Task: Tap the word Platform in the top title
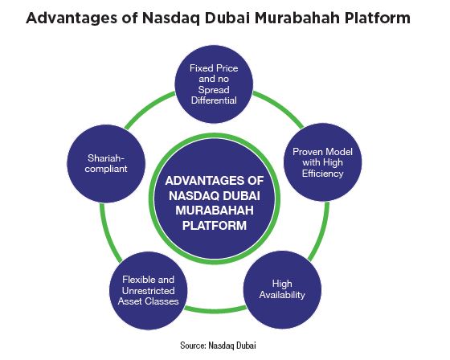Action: [x=378, y=18]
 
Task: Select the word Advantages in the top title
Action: [x=72, y=18]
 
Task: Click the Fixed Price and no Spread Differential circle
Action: [x=214, y=84]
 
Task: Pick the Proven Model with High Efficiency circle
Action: [x=322, y=162]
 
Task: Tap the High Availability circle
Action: [x=282, y=289]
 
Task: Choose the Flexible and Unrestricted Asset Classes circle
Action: [x=149, y=291]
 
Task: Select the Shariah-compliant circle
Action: [x=106, y=163]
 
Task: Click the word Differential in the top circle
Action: [x=214, y=100]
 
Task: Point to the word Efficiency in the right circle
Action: [x=322, y=174]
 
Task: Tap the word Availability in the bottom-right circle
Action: [x=282, y=295]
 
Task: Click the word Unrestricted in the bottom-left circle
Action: [x=149, y=291]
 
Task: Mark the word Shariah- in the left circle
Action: [x=106, y=157]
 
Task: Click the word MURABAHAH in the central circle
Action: [x=215, y=211]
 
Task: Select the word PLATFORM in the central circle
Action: [x=215, y=225]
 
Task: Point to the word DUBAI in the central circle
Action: [x=241, y=196]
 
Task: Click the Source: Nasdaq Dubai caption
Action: [x=218, y=345]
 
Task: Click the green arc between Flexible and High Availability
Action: [x=215, y=310]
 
